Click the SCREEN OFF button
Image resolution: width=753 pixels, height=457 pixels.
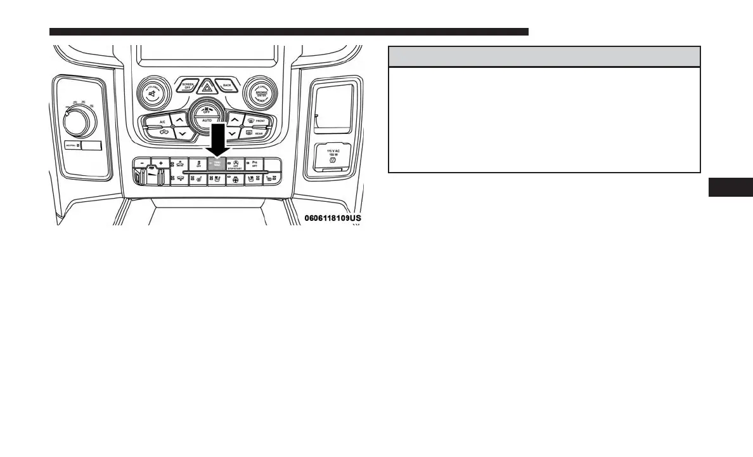(x=187, y=86)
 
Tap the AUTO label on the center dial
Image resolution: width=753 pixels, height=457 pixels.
(x=207, y=119)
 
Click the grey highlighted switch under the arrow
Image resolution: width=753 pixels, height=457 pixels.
(x=217, y=164)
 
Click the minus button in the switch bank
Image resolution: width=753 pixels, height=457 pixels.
(x=144, y=163)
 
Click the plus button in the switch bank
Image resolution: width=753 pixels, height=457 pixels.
(x=160, y=163)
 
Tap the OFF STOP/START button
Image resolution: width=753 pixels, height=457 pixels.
(x=235, y=164)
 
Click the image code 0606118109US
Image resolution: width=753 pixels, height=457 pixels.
(x=332, y=218)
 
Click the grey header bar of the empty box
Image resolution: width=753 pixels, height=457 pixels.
(x=544, y=56)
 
